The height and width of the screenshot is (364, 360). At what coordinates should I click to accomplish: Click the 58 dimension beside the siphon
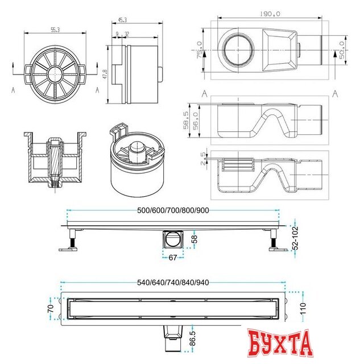[194, 239]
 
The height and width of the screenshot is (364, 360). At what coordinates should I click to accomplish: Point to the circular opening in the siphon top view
[235, 50]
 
